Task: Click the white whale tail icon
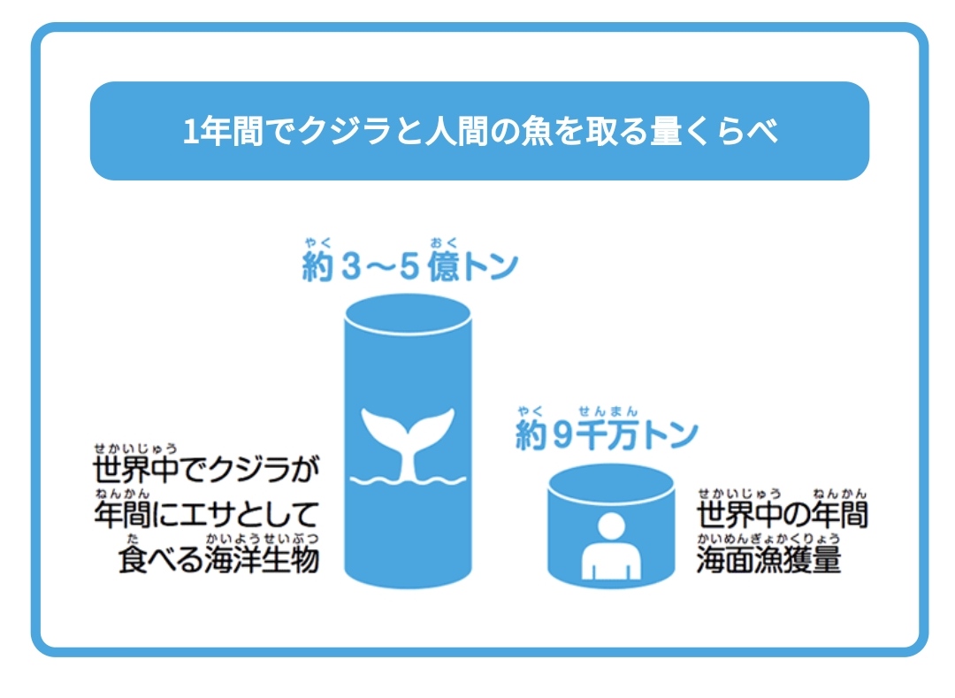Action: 407,437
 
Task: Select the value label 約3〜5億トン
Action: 409,266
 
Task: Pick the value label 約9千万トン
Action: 607,433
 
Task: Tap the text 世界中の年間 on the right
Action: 782,514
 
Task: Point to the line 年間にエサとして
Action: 206,515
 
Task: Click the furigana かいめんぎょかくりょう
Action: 768,537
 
